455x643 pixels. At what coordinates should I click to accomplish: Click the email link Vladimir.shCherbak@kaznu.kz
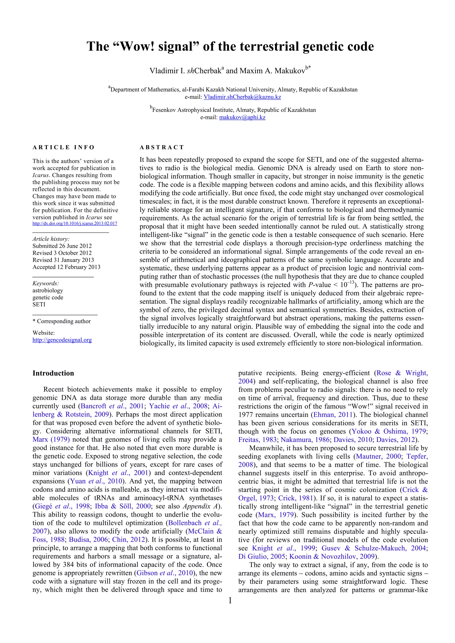click(242, 97)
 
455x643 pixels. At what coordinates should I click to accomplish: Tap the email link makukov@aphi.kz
click(242, 117)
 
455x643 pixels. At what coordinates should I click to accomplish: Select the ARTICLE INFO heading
click(64, 147)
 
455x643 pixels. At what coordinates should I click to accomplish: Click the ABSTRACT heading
click(162, 147)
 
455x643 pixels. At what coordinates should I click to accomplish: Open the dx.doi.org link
click(75, 224)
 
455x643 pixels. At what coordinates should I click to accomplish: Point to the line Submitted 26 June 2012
click(62, 246)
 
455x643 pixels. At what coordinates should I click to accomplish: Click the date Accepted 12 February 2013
click(66, 267)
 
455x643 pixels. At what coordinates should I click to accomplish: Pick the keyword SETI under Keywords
click(39, 304)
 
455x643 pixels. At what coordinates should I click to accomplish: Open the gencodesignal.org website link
click(62, 340)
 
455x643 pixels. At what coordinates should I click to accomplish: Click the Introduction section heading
click(53, 373)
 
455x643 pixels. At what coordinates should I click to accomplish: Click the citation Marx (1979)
click(51, 440)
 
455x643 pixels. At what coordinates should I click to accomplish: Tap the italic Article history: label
click(51, 239)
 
